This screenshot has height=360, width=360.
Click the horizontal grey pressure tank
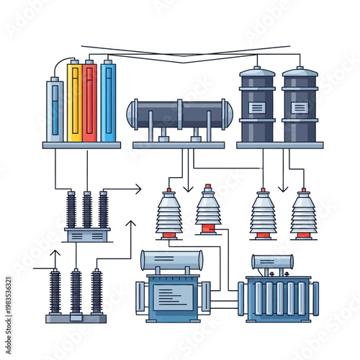click(180, 114)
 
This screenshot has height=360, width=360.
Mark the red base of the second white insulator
click(209, 230)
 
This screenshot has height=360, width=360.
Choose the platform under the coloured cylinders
click(81, 145)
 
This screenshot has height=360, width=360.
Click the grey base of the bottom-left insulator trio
click(76, 318)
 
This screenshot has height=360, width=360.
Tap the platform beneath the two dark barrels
click(279, 145)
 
